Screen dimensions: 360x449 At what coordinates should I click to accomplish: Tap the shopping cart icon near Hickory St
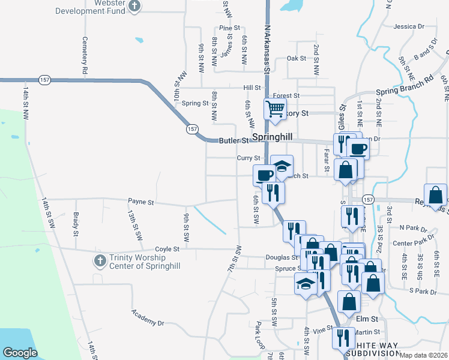coord(275,110)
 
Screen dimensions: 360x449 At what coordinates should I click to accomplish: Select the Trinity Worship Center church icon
coord(100,260)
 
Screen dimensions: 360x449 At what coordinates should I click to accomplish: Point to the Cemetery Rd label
coord(85,60)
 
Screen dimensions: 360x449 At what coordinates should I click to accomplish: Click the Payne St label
coord(141,202)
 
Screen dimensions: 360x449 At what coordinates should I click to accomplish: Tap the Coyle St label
coord(167,249)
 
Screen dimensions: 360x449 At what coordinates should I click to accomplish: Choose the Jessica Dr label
coord(409,26)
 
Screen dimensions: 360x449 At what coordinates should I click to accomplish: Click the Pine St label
coord(229,28)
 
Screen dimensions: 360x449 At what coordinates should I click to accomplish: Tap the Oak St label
coord(297,58)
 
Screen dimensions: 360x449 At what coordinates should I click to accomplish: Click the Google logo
coord(20,353)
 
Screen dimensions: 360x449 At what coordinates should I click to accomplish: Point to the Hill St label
coord(252,87)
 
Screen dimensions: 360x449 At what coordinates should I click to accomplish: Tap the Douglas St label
coord(282,257)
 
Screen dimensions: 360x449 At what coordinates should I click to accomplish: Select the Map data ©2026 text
coord(423,355)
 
